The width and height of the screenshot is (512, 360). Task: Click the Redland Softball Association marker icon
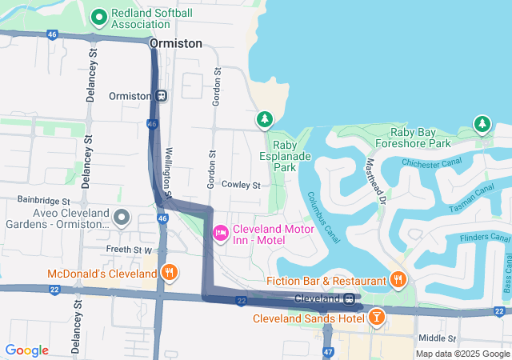click(x=99, y=16)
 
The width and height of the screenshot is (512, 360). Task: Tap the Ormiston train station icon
click(x=162, y=95)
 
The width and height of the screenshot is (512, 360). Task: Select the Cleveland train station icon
click(x=350, y=299)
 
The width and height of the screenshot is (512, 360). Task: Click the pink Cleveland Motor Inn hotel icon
click(x=220, y=233)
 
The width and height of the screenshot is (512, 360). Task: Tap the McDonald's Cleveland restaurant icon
click(x=169, y=273)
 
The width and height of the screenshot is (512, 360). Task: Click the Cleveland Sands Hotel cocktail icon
click(x=376, y=318)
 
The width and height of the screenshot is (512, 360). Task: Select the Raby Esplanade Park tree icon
click(x=264, y=120)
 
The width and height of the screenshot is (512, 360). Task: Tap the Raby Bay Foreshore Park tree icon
click(x=482, y=124)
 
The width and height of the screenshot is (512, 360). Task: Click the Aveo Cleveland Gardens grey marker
click(x=122, y=217)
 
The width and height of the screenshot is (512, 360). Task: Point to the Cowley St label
click(x=242, y=185)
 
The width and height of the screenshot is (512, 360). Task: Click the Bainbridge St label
click(x=44, y=200)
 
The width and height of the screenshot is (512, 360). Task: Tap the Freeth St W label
click(x=129, y=250)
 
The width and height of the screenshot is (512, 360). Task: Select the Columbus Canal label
click(x=326, y=216)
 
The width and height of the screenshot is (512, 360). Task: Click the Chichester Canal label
click(x=432, y=163)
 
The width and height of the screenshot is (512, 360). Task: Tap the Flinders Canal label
click(x=485, y=238)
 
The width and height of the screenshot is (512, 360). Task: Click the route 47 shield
click(x=328, y=351)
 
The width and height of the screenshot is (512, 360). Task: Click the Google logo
click(x=26, y=350)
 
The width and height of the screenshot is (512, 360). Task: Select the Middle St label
click(x=437, y=338)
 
